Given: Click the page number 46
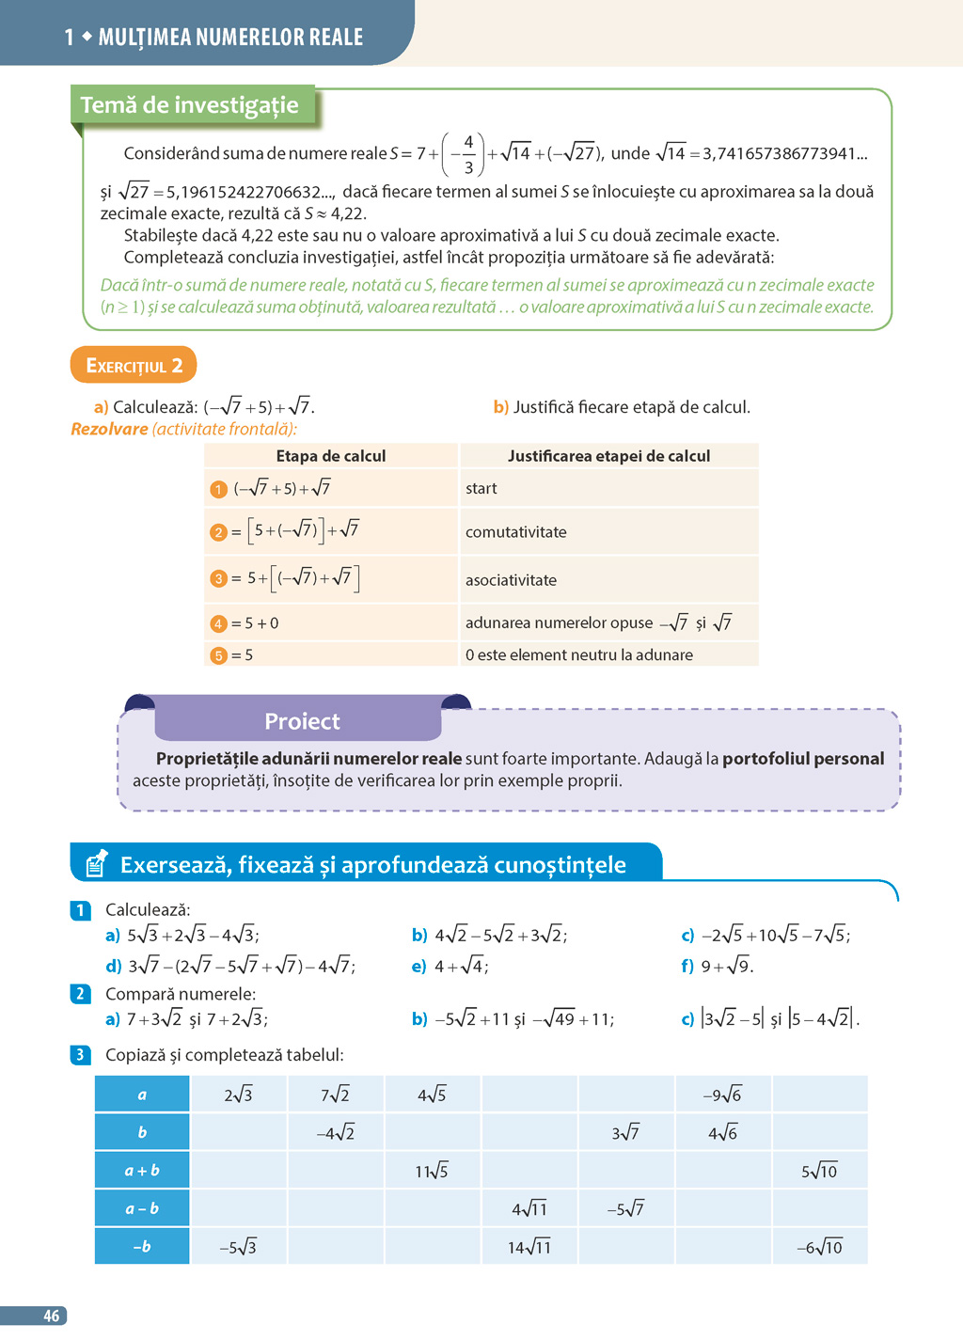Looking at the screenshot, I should click(51, 1315).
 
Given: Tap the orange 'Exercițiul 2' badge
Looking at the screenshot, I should click(134, 365).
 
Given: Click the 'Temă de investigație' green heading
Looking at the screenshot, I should click(190, 105).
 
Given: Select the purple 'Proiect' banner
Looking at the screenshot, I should click(301, 721).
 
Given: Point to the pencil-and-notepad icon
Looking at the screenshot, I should click(96, 862).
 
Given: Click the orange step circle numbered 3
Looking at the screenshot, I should click(218, 578).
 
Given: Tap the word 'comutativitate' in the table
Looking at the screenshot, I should click(515, 532).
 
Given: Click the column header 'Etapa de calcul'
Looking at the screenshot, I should click(330, 456).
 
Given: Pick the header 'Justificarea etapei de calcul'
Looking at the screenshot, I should click(608, 456).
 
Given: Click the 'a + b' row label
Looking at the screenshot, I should click(142, 1171).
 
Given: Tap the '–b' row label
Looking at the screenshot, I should click(142, 1247).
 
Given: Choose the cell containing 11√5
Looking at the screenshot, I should click(432, 1171).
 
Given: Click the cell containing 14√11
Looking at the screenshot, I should click(529, 1247).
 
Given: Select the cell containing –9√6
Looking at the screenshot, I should click(722, 1095).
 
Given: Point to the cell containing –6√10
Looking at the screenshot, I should click(819, 1247).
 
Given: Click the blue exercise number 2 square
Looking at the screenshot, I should click(80, 994).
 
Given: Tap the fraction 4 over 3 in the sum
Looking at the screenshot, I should click(468, 154).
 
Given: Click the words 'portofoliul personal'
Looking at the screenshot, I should click(803, 759).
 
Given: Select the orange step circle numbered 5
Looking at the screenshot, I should click(218, 655).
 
